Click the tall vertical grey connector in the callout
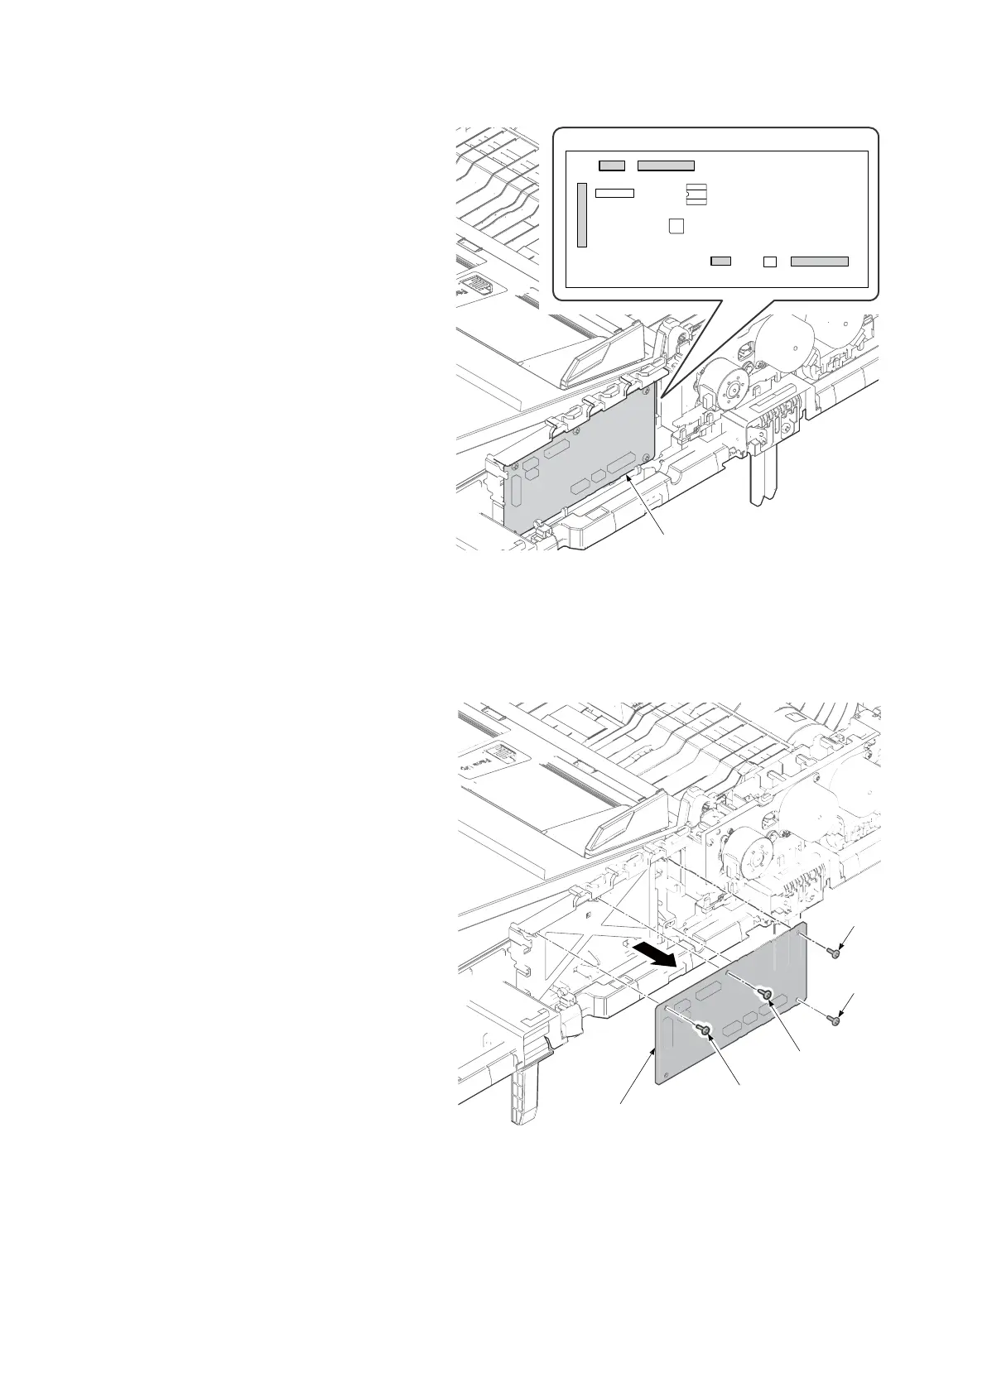click(x=582, y=216)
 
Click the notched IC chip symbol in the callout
click(x=697, y=194)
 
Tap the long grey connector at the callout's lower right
click(x=820, y=262)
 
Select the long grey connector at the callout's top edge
click(x=666, y=166)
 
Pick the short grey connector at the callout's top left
click(x=612, y=166)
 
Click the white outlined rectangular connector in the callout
click(x=615, y=193)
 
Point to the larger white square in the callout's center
click(x=676, y=226)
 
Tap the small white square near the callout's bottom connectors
click(x=769, y=262)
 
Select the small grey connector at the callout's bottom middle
click(x=721, y=261)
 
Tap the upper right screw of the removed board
click(x=835, y=953)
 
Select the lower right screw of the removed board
click(x=835, y=1021)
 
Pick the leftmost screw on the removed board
click(x=704, y=1030)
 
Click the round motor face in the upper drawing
click(x=731, y=383)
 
